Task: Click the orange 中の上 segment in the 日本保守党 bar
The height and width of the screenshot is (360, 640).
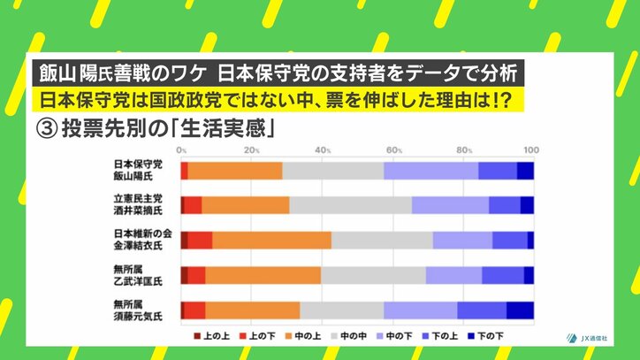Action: click(x=235, y=171)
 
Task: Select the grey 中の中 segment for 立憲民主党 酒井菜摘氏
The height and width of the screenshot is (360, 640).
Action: click(x=350, y=205)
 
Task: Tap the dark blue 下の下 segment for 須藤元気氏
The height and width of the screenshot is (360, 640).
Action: click(x=520, y=310)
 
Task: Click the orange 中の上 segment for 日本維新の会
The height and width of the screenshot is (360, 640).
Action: click(x=271, y=240)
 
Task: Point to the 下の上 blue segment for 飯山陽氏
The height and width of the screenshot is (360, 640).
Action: click(x=497, y=171)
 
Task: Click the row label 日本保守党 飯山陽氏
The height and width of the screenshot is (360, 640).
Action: click(x=139, y=171)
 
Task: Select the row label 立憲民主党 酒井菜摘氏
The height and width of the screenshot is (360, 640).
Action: click(x=139, y=205)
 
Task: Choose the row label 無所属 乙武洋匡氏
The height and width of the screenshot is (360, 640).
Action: click(x=139, y=275)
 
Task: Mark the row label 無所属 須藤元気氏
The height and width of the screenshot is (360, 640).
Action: click(x=139, y=310)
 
